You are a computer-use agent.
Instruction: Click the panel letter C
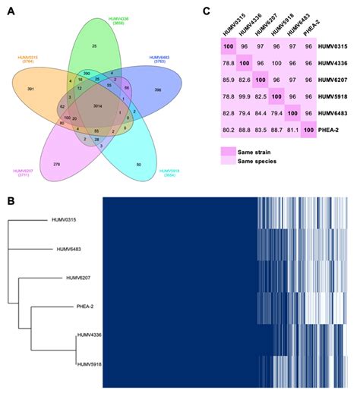pyautogui.click(x=207, y=10)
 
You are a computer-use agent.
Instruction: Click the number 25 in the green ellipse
pyautogui.click(x=93, y=46)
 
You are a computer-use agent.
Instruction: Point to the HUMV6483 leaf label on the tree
pyautogui.click(x=78, y=248)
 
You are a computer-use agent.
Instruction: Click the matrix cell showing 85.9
pyautogui.click(x=226, y=78)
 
